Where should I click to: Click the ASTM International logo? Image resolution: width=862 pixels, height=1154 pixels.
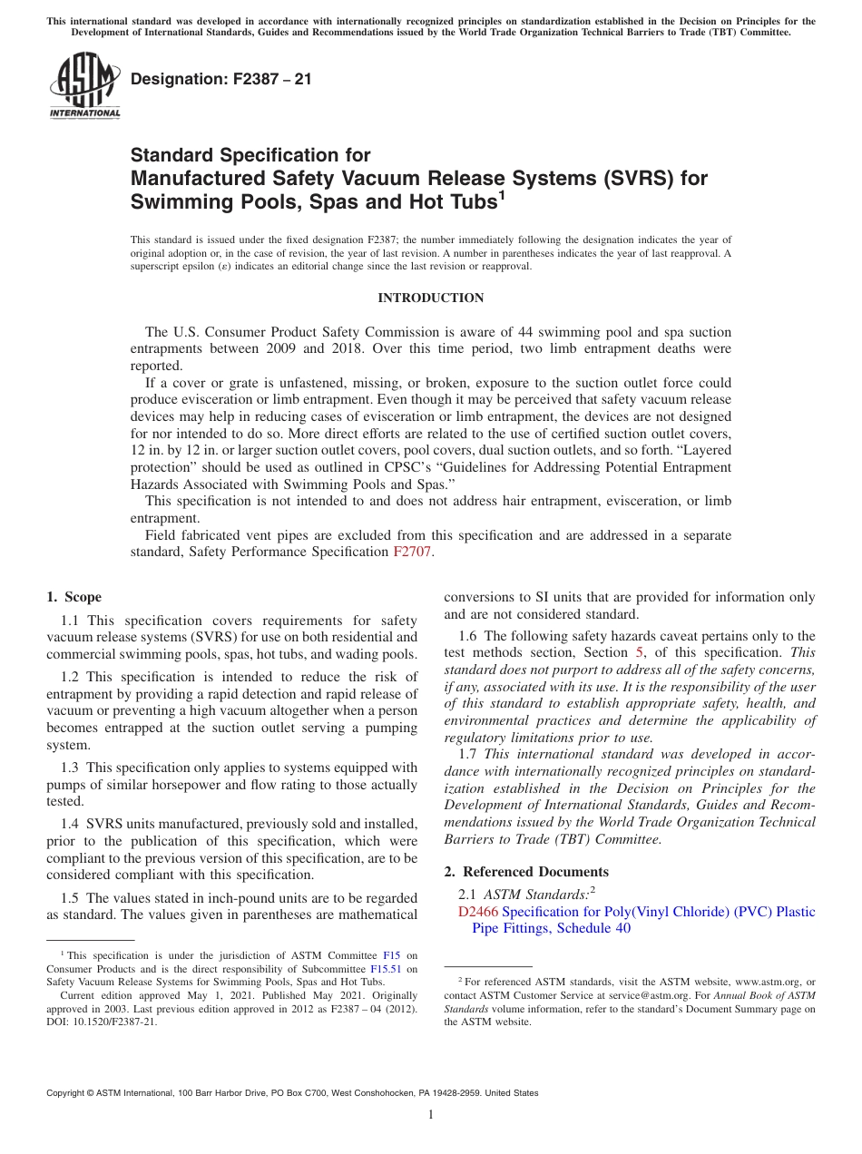84,85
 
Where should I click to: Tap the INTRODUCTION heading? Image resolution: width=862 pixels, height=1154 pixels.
430,298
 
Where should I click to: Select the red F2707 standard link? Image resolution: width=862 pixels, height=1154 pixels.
413,552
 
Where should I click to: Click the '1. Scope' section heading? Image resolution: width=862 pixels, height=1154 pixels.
74,597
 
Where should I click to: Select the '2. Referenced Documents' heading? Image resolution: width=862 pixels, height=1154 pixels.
526,872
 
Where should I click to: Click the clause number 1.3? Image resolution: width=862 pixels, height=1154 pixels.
71,768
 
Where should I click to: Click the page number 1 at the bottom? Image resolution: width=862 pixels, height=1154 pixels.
431,1115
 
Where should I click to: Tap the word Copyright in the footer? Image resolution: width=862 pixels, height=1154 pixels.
68,1093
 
